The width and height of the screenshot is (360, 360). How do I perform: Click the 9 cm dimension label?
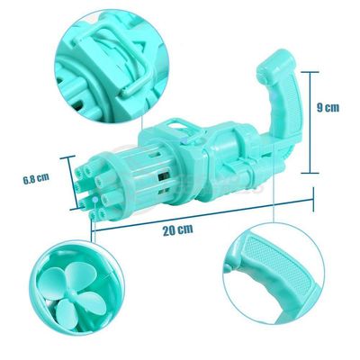328,107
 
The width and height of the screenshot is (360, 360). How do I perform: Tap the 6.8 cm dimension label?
36,178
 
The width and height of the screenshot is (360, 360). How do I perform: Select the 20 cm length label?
178,230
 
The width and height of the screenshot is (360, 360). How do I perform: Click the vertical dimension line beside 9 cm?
310,122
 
